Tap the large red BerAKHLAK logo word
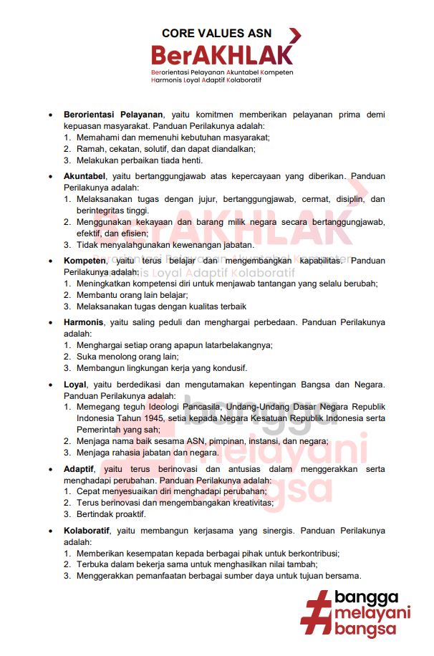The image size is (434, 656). pyautogui.click(x=223, y=55)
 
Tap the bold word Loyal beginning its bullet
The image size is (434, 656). pyautogui.click(x=76, y=385)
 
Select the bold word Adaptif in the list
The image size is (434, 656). pyautogui.click(x=79, y=470)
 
